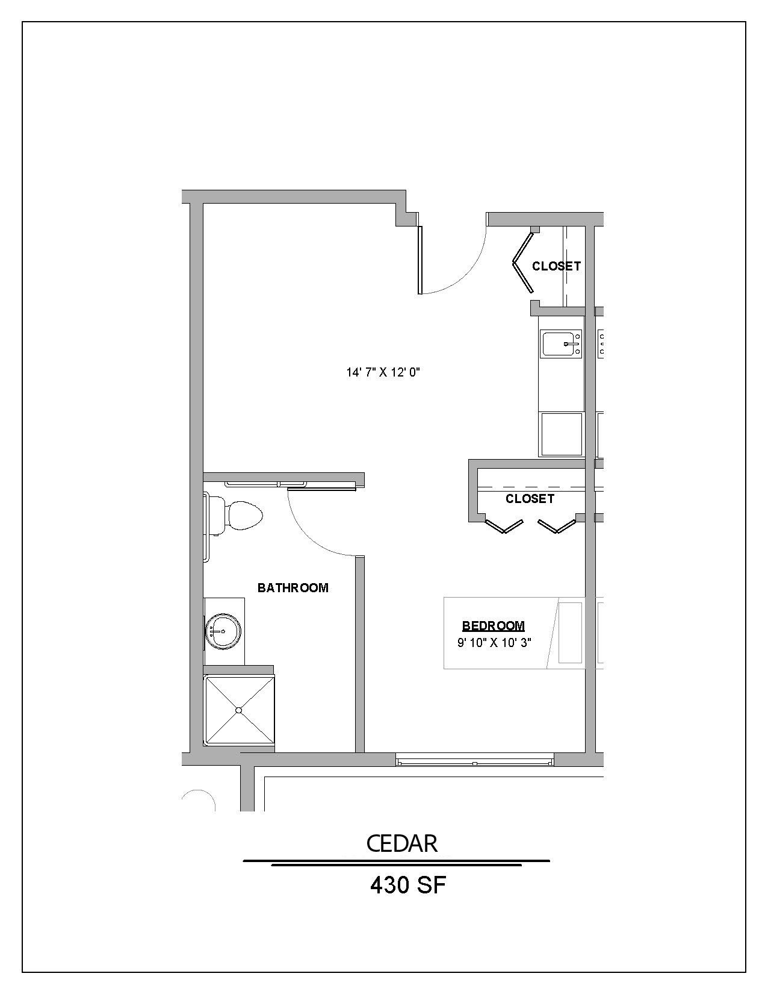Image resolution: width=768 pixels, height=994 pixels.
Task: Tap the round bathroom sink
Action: tap(223, 631)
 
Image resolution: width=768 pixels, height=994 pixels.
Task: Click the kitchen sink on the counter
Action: tap(562, 344)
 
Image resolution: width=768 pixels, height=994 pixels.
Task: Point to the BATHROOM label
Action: tap(293, 588)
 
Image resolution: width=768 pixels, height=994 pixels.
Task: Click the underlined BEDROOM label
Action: tap(494, 626)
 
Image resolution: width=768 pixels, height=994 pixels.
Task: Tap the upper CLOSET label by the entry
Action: tap(556, 266)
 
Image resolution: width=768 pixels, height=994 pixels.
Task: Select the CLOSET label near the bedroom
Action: tap(530, 499)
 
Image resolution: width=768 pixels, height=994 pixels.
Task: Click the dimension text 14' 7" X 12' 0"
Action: tap(383, 372)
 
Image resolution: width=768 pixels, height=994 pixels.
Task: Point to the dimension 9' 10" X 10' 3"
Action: tap(494, 643)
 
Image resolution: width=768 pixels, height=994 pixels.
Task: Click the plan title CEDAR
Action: tap(401, 844)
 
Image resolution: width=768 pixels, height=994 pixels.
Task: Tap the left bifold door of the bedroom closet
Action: tap(503, 527)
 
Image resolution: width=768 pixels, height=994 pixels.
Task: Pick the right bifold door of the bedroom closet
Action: tap(556, 527)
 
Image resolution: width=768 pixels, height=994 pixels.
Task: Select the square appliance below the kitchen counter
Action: tap(562, 434)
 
